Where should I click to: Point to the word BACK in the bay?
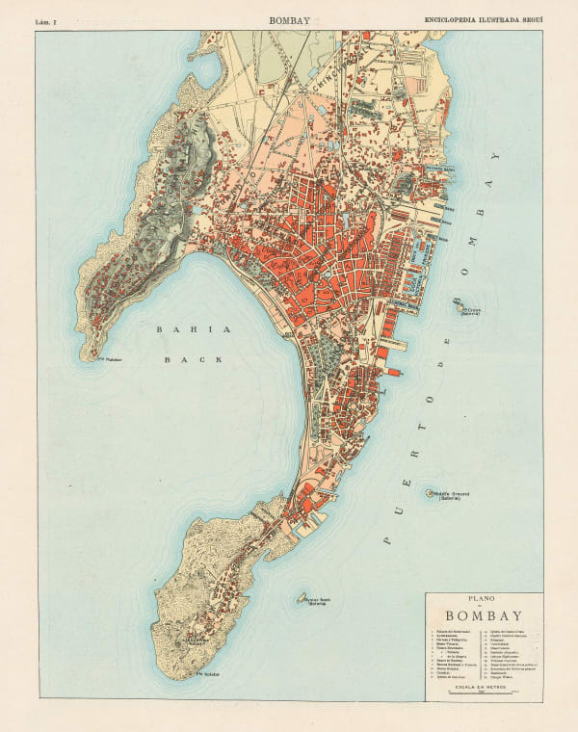point(193,359)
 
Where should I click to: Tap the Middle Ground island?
point(431,493)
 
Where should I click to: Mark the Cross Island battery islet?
point(456,306)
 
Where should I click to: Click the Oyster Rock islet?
point(301,598)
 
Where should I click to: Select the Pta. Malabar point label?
point(113,363)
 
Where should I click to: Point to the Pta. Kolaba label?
point(208,673)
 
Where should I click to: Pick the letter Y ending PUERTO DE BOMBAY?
point(497,155)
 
